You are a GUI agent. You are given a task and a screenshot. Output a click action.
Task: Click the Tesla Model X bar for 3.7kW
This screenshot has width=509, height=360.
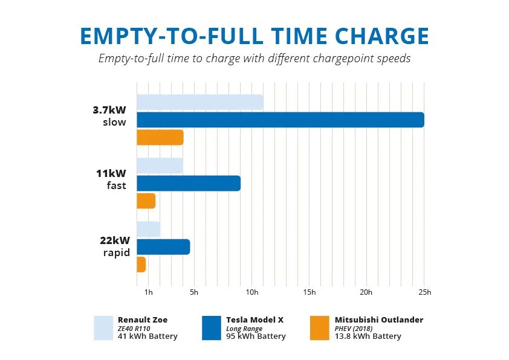(280, 120)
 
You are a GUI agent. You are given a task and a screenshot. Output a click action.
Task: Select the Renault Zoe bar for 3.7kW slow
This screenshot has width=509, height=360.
(199, 102)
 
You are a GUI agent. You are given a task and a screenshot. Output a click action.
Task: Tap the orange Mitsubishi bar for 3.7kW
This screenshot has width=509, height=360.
(160, 137)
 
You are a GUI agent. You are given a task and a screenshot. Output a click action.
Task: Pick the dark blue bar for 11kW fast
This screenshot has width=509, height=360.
(189, 183)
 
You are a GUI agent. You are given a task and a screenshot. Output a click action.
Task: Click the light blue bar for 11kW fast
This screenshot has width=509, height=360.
(160, 166)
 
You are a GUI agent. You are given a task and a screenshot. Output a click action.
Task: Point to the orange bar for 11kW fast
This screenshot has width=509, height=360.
(146, 201)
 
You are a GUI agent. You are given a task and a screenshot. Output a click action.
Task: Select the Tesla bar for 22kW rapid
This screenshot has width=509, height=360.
(163, 247)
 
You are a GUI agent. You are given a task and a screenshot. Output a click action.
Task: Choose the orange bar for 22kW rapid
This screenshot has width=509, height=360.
(141, 265)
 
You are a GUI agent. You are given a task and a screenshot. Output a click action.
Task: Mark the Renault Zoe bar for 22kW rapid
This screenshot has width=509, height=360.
(148, 230)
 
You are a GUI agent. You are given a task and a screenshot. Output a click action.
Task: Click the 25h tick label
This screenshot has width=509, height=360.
(424, 292)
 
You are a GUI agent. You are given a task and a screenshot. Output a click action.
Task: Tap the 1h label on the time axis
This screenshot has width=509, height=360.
(148, 292)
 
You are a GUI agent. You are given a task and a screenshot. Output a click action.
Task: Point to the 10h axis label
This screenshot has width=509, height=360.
(251, 292)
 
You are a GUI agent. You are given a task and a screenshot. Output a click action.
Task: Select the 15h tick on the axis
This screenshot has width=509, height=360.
(309, 292)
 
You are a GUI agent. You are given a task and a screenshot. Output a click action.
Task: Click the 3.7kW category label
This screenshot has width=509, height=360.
(109, 111)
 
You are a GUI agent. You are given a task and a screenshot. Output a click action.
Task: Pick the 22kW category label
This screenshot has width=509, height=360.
(115, 240)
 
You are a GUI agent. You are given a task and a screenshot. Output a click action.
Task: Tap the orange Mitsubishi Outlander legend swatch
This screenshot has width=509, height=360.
(319, 327)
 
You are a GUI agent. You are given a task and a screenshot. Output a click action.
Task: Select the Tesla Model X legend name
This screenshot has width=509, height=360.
(254, 320)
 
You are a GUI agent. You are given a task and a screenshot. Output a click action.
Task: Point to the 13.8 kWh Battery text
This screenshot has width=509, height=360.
(368, 336)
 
